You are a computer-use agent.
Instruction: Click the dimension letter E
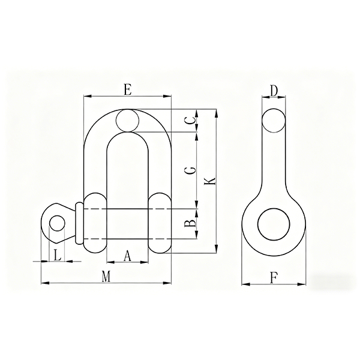pyautogui.click(x=128, y=89)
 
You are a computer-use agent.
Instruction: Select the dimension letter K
pyautogui.click(x=210, y=181)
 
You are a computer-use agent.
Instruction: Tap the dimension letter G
pyautogui.click(x=190, y=170)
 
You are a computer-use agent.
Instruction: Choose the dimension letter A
pyautogui.click(x=127, y=256)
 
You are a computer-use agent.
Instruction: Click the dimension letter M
pyautogui.click(x=106, y=277)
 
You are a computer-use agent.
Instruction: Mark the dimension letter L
pyautogui.click(x=57, y=256)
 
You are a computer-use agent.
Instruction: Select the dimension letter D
pyautogui.click(x=274, y=91)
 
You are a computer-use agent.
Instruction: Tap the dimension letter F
pyautogui.click(x=274, y=278)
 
